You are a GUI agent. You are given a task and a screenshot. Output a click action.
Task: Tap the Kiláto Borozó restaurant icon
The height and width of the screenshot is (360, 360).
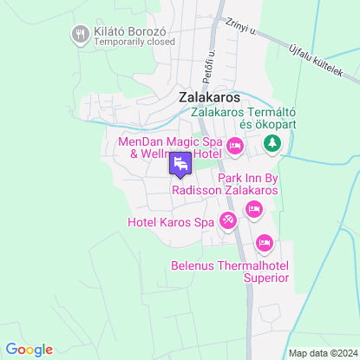pos(81,34)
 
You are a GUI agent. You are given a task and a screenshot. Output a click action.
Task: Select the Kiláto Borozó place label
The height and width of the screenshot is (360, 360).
pos(129,29)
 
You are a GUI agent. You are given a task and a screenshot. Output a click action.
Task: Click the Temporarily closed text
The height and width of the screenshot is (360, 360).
pos(130,41)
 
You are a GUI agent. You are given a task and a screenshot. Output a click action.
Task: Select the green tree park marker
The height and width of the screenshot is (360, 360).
pos(272,142)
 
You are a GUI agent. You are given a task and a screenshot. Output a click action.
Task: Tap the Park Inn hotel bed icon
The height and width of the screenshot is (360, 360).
pos(254,208)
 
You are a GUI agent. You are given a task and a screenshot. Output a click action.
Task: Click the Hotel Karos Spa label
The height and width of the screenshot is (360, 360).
pos(170,222)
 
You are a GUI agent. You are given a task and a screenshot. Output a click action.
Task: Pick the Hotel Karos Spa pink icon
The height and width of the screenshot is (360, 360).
pos(227,221)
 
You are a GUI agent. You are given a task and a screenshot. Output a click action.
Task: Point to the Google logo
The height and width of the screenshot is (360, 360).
pos(29,349)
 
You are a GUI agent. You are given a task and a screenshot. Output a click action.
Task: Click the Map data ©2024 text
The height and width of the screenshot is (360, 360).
pos(322,353)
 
